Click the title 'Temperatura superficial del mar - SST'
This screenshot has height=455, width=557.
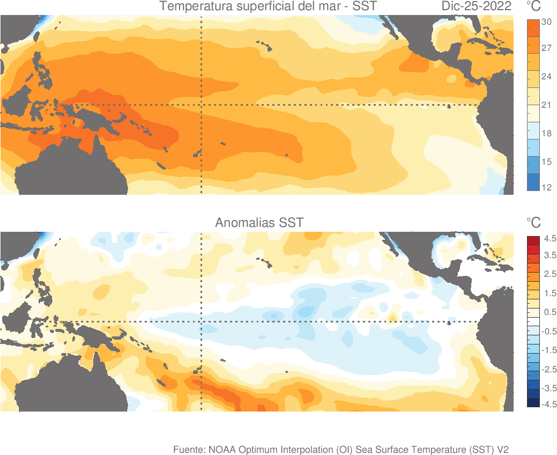(268, 7)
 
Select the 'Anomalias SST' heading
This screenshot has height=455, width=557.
(259, 222)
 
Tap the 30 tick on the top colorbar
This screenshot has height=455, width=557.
(547, 22)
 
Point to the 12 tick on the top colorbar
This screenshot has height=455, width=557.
(547, 188)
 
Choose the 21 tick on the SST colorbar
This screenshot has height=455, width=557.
(547, 105)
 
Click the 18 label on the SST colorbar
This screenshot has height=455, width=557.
(547, 134)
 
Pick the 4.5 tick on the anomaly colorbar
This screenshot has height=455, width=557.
(550, 238)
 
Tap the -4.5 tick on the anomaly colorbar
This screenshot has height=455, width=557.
(549, 405)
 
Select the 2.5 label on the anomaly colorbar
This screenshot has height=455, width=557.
(550, 275)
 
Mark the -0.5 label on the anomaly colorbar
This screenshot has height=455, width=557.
(549, 332)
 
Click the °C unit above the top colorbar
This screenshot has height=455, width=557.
(533, 7)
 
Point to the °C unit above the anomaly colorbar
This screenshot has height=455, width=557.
(533, 223)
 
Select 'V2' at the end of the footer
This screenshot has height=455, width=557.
(502, 449)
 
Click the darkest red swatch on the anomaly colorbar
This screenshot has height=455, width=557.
(533, 239)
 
